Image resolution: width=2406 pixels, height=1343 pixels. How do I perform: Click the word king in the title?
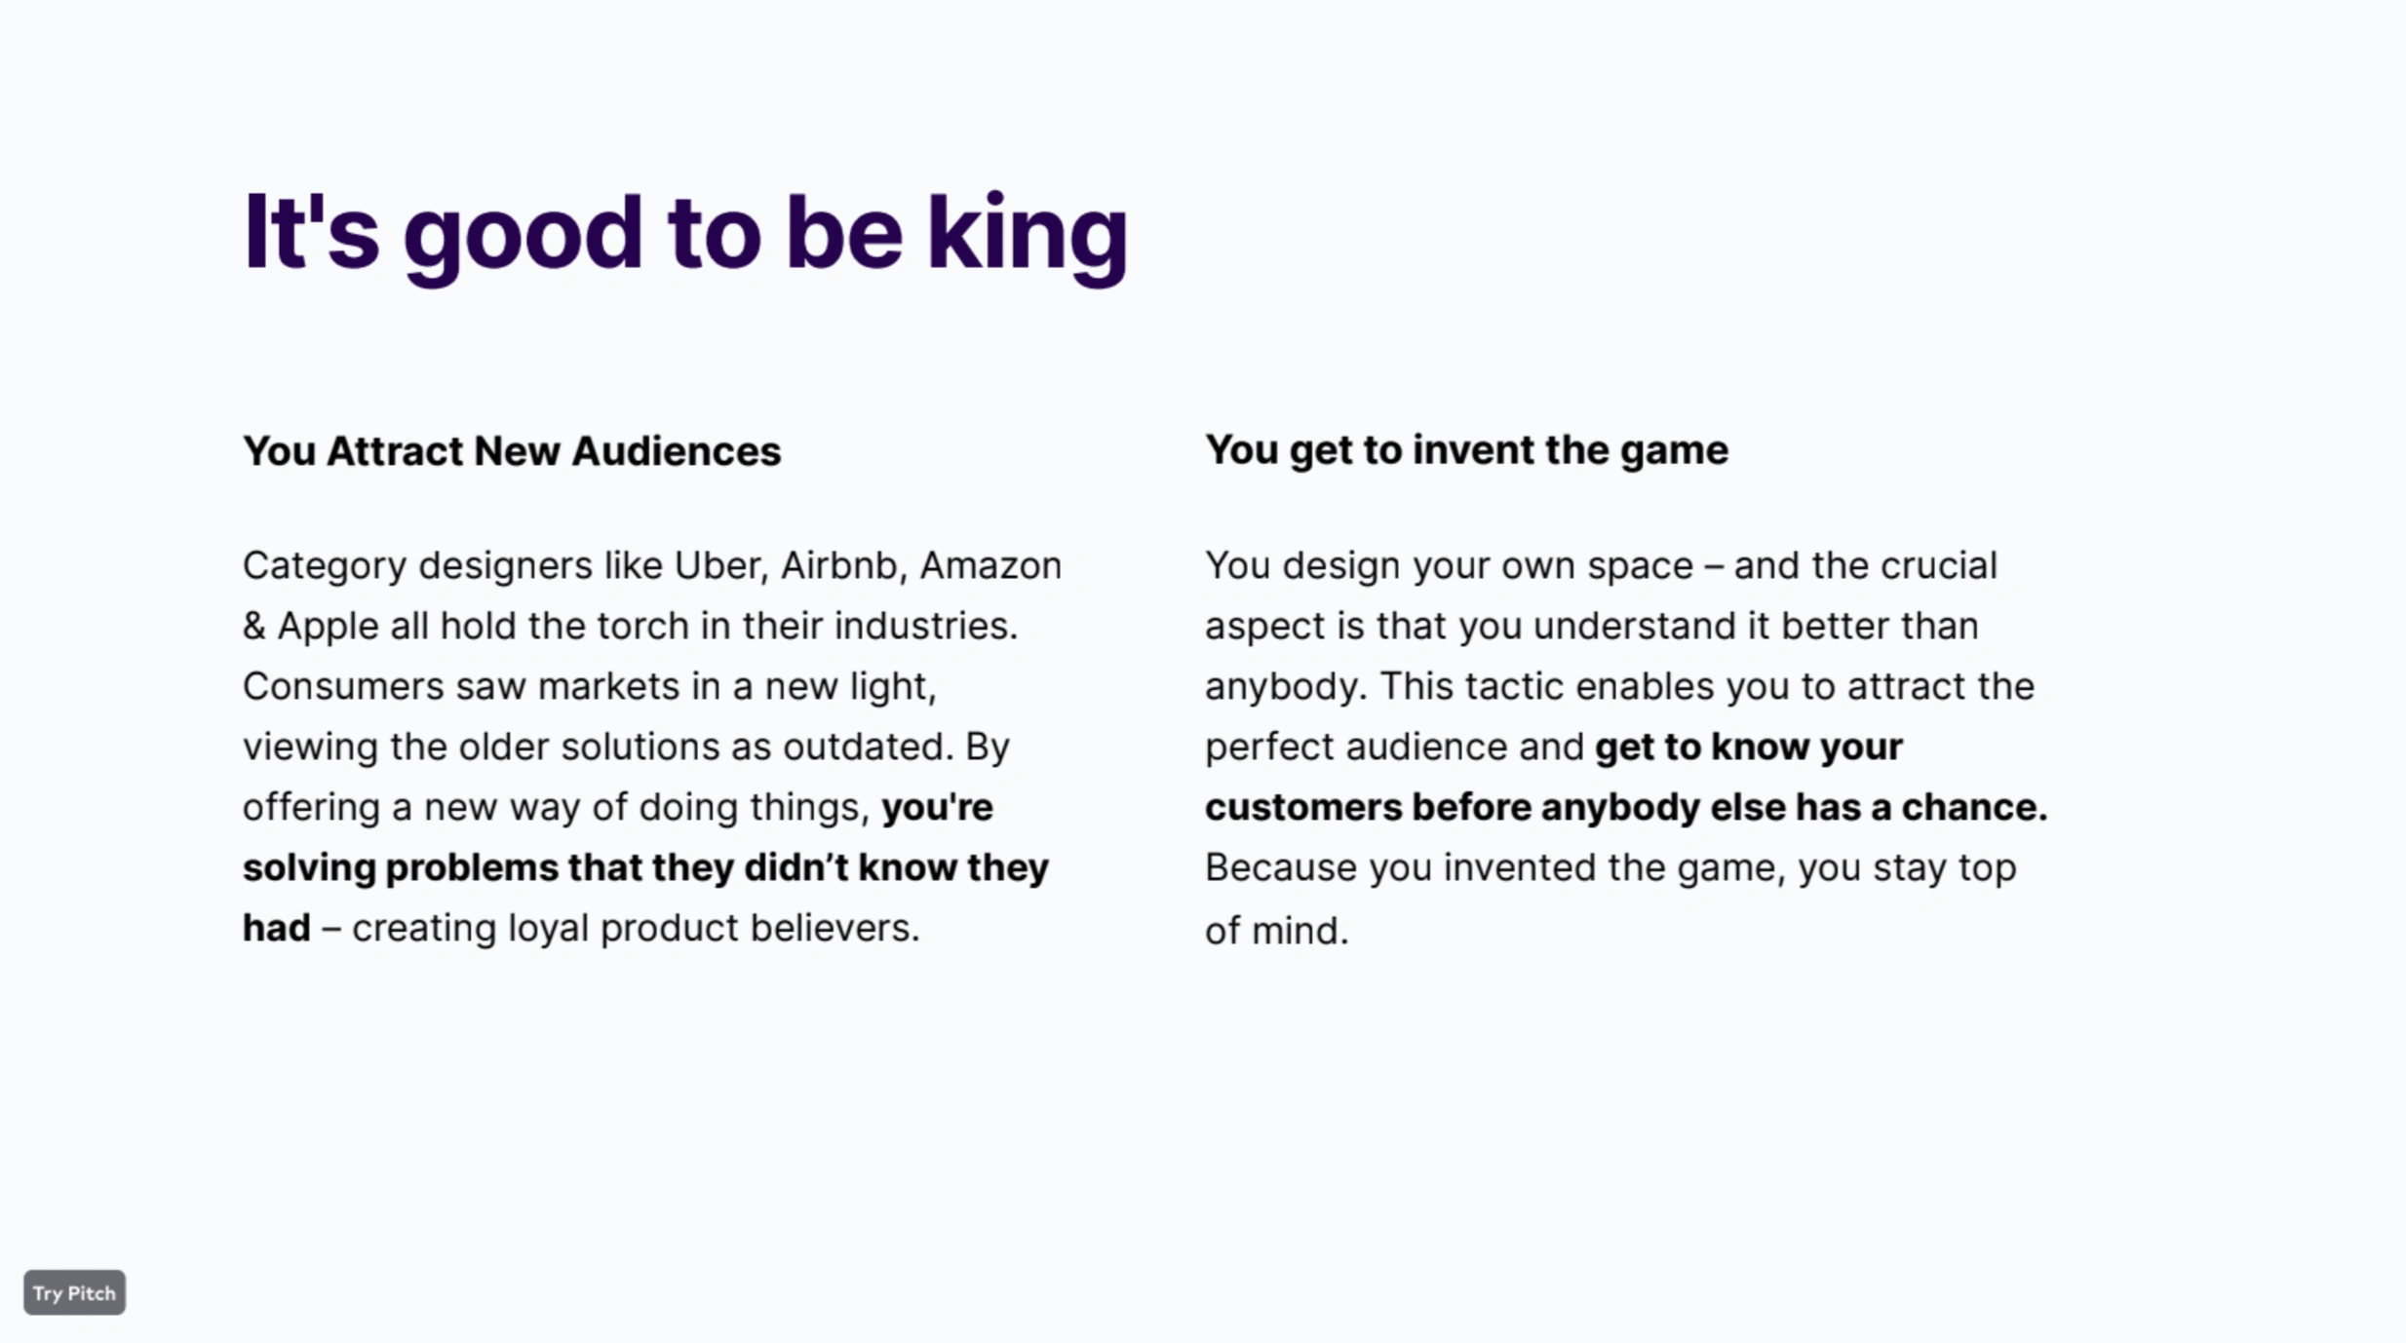point(1027,234)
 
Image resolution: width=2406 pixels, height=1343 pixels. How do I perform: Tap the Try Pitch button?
point(74,1292)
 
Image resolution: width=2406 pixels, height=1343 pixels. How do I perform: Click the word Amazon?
point(990,565)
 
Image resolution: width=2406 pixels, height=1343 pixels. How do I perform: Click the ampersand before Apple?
point(254,626)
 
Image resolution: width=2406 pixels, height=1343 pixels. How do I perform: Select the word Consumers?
point(343,686)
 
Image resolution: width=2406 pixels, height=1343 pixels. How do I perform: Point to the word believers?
point(834,928)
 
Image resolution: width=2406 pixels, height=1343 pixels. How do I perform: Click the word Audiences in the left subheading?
point(677,451)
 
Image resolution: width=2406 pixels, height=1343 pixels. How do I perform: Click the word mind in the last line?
point(1300,931)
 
